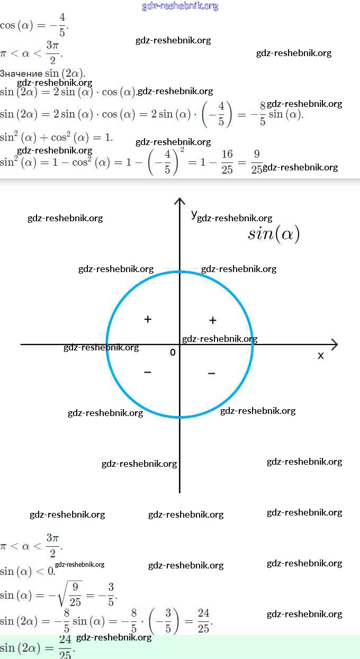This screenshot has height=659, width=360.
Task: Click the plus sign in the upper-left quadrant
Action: click(148, 319)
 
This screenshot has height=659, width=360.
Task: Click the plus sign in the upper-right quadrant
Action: click(213, 320)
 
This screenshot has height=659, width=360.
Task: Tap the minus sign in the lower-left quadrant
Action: click(148, 373)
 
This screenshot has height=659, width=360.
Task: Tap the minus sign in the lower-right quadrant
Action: click(211, 374)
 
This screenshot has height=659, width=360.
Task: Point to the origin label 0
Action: click(173, 353)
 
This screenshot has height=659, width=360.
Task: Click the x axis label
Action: click(320, 356)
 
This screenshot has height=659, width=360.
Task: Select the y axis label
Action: click(194, 213)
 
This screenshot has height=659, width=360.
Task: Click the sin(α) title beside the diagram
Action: click(274, 233)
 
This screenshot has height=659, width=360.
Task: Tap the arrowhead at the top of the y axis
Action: click(180, 201)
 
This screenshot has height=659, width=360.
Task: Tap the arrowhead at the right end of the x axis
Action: click(334, 345)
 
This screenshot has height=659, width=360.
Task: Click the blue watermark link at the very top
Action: click(180, 6)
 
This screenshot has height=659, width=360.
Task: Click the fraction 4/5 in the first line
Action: click(62, 25)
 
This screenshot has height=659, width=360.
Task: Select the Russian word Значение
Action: click(21, 74)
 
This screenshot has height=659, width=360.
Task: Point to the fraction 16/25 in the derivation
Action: click(227, 162)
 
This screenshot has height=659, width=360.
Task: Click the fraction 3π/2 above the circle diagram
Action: click(52, 53)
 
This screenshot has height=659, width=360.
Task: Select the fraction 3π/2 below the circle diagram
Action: click(52, 546)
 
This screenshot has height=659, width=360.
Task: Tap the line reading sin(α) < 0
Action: click(28, 572)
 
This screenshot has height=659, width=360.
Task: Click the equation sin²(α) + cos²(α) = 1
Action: click(56, 138)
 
